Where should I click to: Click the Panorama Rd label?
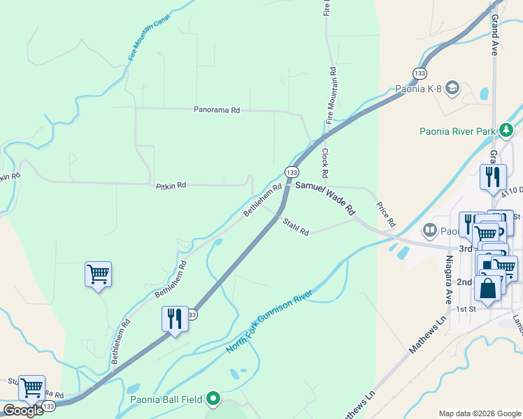tap(217, 110)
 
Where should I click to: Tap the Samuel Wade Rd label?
tap(325, 198)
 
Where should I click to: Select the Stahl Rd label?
tap(296, 227)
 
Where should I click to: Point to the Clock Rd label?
tap(325, 162)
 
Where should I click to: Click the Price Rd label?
tap(386, 215)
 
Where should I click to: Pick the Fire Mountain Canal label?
tap(149, 39)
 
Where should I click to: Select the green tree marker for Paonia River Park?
tap(506, 130)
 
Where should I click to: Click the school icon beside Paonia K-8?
tap(452, 88)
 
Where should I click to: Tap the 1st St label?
tap(466, 309)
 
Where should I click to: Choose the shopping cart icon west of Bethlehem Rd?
tap(98, 274)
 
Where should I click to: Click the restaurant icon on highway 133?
tap(175, 318)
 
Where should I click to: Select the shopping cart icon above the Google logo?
tap(31, 388)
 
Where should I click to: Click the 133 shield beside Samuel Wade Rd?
tap(292, 172)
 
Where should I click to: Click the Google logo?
tap(22, 411)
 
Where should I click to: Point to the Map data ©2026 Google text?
tap(480, 413)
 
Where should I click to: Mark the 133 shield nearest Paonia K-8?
tap(420, 73)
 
